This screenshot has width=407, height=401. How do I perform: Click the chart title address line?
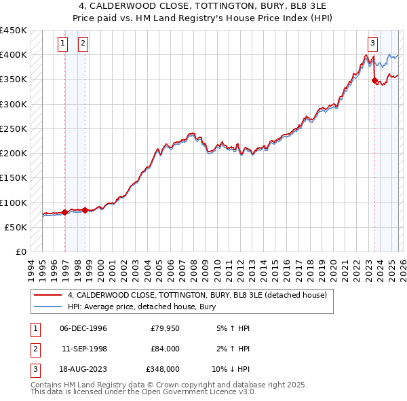click(203, 5)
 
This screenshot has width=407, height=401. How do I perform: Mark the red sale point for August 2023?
click(374, 80)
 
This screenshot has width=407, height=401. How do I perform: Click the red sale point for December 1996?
click(65, 212)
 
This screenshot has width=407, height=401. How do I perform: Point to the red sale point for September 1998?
click(85, 210)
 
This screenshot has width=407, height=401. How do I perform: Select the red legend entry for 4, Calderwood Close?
click(197, 295)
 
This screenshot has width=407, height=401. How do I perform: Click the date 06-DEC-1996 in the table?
click(83, 328)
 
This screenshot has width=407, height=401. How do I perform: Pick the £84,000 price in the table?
click(165, 349)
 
